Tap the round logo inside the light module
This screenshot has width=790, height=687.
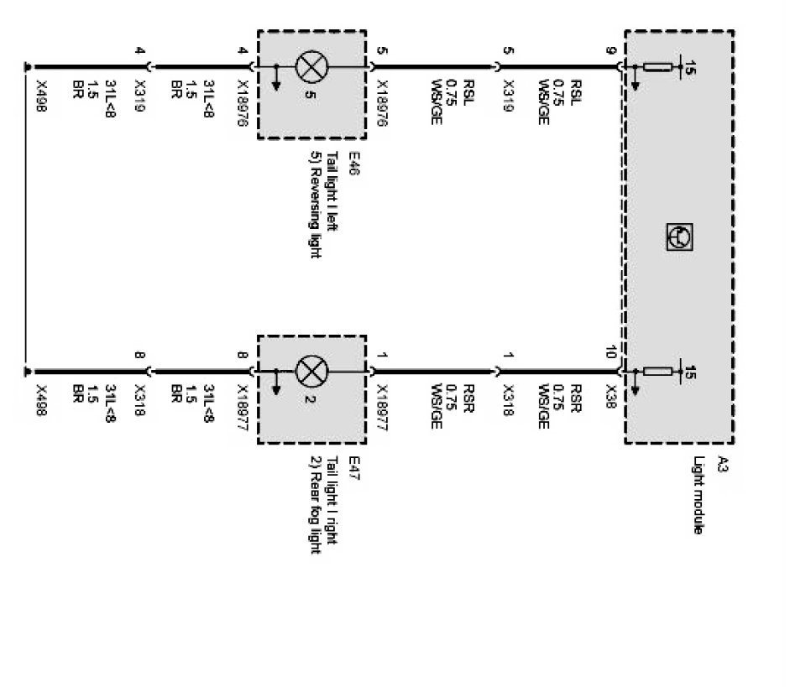point(678,237)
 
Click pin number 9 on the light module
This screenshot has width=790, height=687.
point(611,52)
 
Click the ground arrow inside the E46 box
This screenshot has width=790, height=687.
point(275,81)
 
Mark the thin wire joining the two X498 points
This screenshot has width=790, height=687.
point(27,218)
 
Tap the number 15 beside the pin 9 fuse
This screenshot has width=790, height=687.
point(690,67)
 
